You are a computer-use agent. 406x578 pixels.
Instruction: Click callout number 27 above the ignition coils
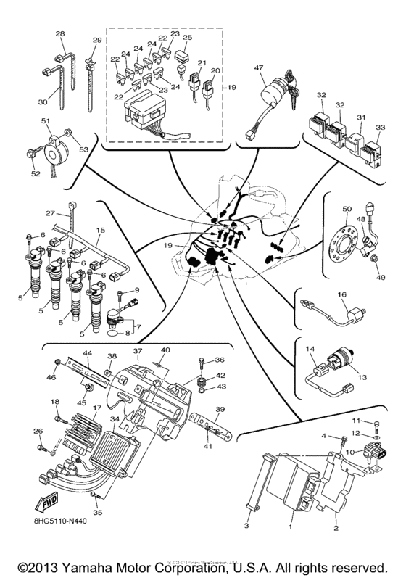pos(50,214)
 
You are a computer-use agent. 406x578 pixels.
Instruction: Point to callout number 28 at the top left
pos(60,33)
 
